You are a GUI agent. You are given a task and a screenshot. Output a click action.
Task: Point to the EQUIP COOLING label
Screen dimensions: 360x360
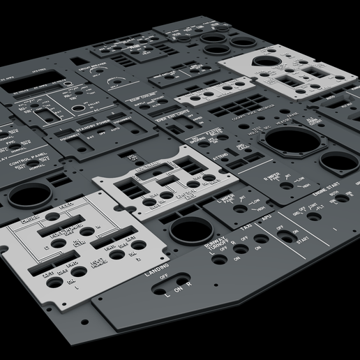(x=144, y=98)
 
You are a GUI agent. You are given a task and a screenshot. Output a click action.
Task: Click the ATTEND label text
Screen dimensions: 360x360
(x=220, y=156)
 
